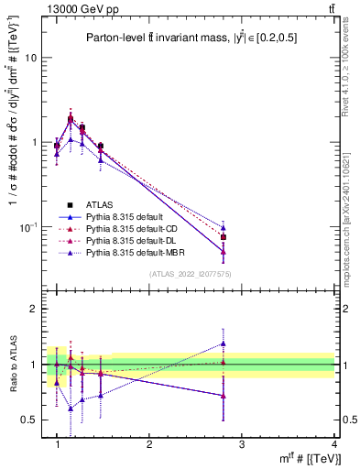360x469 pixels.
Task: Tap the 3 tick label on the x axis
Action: [x=241, y=443]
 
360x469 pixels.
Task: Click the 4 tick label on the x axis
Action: [x=333, y=443]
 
